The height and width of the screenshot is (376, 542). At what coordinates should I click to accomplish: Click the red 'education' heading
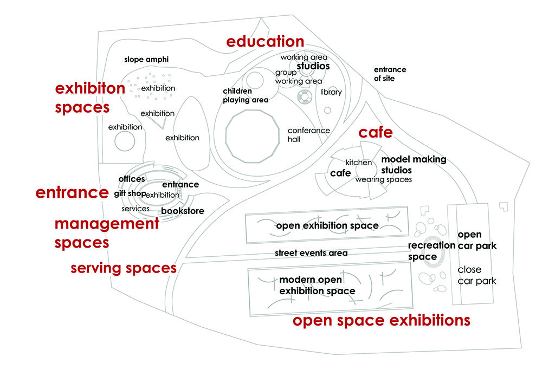click(265, 41)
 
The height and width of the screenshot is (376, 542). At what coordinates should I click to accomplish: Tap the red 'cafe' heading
click(376, 132)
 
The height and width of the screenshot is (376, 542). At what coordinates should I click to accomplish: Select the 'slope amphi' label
click(146, 60)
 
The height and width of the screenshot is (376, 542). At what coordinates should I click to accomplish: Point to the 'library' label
click(331, 92)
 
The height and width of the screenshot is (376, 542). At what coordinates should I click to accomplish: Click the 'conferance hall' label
click(309, 135)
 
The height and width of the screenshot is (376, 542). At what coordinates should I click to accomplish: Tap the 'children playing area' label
click(246, 95)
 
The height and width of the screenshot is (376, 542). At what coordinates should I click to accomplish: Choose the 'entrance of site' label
click(390, 74)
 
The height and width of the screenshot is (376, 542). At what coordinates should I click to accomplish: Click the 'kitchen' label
click(358, 163)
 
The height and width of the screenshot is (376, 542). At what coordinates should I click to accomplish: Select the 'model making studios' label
click(414, 165)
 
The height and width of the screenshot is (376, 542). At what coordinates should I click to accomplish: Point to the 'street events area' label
click(311, 253)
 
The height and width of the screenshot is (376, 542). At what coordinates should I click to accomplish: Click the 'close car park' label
click(476, 275)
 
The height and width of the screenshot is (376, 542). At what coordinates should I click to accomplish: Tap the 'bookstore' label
click(183, 211)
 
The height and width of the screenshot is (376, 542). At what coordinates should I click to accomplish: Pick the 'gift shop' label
click(130, 193)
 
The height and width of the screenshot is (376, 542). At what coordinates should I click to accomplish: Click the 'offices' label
click(132, 179)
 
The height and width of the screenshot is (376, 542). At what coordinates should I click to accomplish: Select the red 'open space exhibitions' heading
click(381, 321)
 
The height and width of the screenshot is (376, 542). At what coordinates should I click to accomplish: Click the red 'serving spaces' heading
click(124, 268)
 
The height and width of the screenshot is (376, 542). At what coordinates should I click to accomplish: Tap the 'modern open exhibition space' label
click(317, 285)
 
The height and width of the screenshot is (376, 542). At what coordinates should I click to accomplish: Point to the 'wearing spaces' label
click(383, 180)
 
